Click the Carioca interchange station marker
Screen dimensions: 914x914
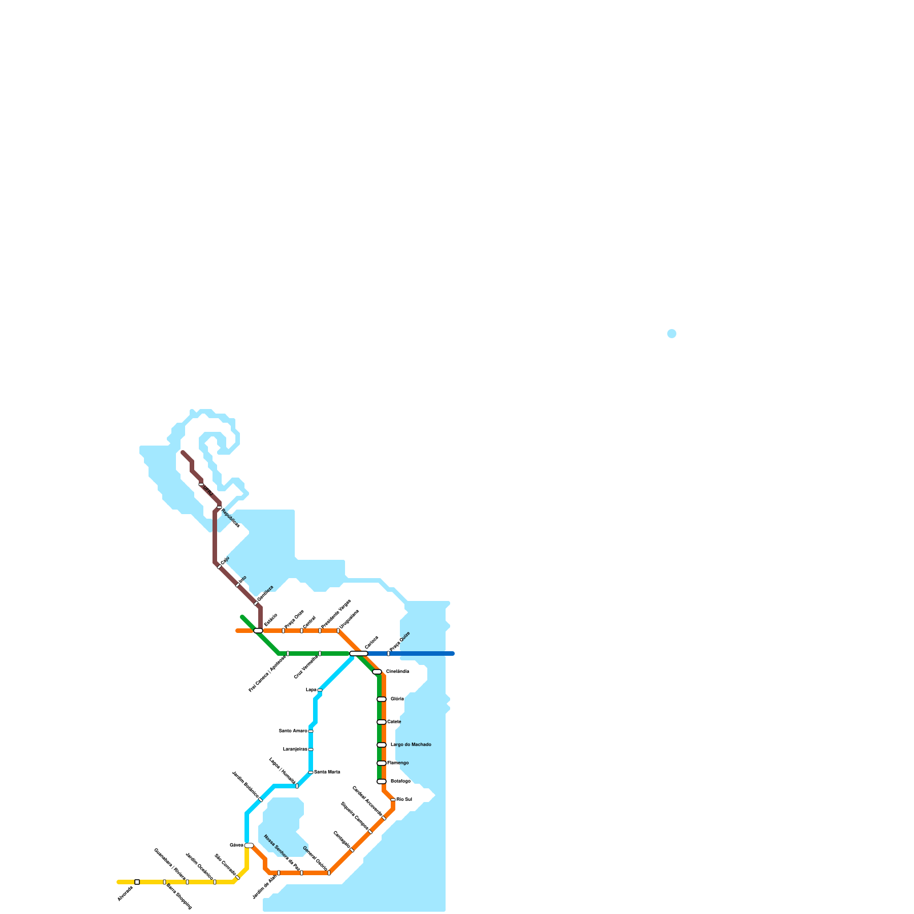pos(359,654)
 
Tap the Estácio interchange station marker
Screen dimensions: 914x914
pos(258,631)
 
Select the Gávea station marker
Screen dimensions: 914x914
pos(249,845)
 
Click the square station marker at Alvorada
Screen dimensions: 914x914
pos(137,882)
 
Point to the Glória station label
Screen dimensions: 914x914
pos(397,699)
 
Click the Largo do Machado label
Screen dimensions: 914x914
pos(411,744)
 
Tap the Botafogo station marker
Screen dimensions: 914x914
pos(382,781)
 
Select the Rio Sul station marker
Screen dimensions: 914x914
pos(393,800)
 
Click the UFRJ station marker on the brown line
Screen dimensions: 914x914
pos(201,484)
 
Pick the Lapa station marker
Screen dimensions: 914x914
pos(320,690)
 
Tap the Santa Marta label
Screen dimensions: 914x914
pos(327,772)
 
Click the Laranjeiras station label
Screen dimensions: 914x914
pos(295,749)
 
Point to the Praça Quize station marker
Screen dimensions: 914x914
pos(388,654)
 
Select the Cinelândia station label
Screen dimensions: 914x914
pos(398,671)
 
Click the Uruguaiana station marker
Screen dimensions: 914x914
pos(338,631)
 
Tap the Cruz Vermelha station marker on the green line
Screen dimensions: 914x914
pos(320,654)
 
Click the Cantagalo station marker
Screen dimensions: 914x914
pos(352,850)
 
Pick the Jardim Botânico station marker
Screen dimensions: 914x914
pos(260,800)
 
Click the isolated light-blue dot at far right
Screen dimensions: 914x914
pos(672,334)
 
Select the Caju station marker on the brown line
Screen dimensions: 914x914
pos(219,567)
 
